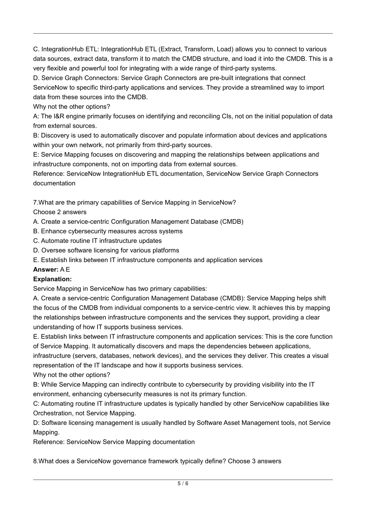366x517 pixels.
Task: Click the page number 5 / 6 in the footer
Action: pos(183,484)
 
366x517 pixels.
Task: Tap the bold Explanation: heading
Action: pos(52,279)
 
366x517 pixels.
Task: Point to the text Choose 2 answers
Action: pos(60,212)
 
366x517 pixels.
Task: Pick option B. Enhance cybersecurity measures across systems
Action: pos(108,231)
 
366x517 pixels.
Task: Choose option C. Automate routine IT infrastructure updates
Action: pos(97,241)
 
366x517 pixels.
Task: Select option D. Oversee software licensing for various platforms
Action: pos(106,250)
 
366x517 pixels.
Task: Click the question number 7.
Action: pos(35,202)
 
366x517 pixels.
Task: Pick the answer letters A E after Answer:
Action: pos(65,270)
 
